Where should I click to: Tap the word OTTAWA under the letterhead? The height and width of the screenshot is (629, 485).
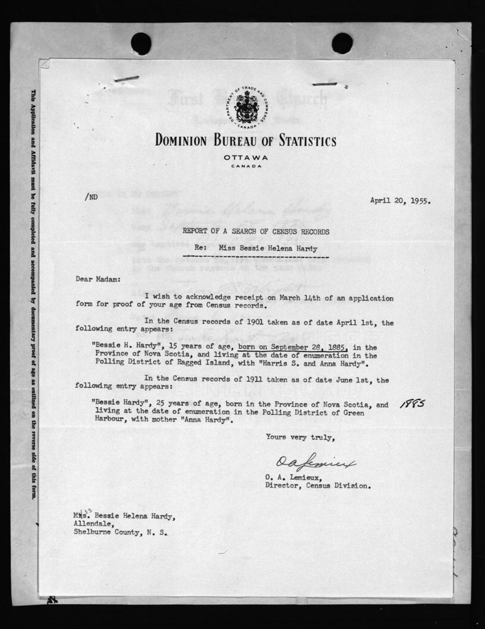246,157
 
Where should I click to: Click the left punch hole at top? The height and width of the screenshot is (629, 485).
141,43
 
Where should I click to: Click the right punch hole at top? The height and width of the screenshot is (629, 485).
342,43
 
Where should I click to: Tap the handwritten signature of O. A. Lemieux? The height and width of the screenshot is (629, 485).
315,463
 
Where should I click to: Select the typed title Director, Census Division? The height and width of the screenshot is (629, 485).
319,485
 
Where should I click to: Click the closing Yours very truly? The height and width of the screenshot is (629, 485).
300,438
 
